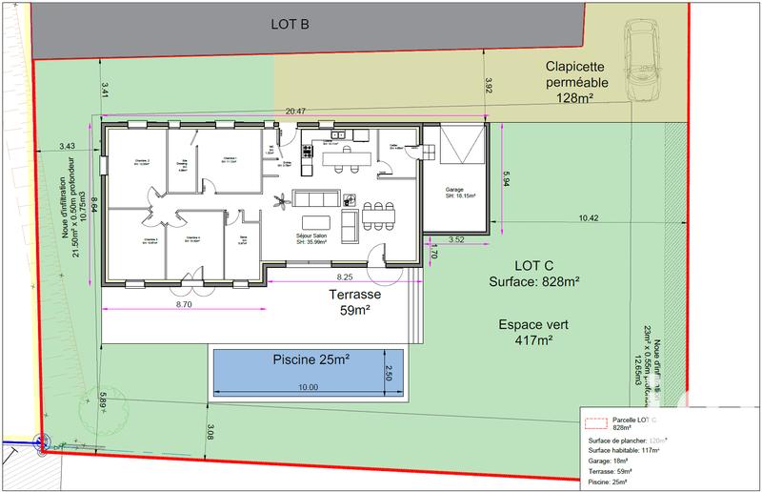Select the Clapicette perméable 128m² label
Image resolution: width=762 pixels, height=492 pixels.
[x=583, y=82]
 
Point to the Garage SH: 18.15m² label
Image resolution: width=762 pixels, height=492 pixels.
[x=460, y=194]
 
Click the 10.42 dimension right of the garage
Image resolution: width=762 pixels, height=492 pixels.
[x=588, y=218]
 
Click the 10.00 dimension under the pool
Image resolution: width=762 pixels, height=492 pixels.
[x=307, y=387]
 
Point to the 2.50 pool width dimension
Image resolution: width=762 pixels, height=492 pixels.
[x=388, y=369]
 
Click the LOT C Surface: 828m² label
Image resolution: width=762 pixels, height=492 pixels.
[x=534, y=273]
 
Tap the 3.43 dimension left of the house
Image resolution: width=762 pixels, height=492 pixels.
[x=67, y=146]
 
